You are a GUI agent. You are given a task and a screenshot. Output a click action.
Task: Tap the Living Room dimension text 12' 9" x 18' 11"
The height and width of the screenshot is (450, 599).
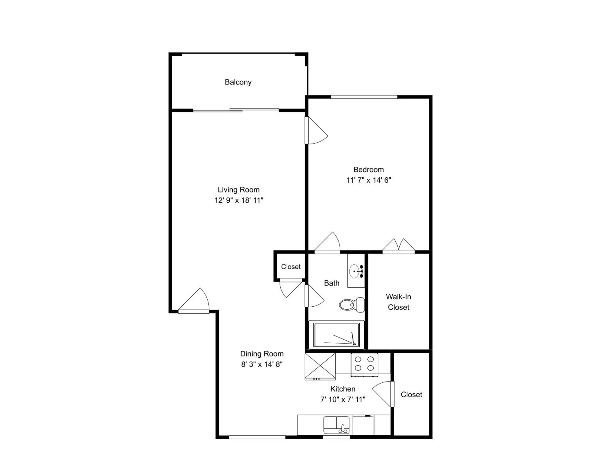239,200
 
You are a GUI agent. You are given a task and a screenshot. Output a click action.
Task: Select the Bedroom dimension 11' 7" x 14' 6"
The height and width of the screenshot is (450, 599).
369,180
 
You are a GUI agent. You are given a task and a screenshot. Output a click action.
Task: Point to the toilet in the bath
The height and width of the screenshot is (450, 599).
352,305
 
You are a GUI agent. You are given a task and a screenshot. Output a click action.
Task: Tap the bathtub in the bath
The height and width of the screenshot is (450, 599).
337,335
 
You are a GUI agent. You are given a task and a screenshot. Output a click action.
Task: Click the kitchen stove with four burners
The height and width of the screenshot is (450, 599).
364,365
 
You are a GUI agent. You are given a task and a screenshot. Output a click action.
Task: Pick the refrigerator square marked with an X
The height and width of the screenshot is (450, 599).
320,366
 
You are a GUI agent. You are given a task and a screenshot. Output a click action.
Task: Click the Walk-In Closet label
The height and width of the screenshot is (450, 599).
399,302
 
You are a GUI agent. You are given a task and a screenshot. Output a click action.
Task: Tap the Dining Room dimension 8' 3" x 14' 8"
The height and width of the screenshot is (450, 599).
262,364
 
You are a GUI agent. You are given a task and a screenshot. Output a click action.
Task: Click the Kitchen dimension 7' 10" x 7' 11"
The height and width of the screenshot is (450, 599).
343,399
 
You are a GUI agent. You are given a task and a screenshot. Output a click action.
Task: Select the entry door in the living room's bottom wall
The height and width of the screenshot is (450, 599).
194,301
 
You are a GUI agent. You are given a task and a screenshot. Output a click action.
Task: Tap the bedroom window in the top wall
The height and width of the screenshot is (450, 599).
364,97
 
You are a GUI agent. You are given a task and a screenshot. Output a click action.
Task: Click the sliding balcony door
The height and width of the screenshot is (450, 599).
236,110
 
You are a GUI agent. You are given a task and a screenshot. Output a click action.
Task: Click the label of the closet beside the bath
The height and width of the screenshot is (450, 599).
291,267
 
